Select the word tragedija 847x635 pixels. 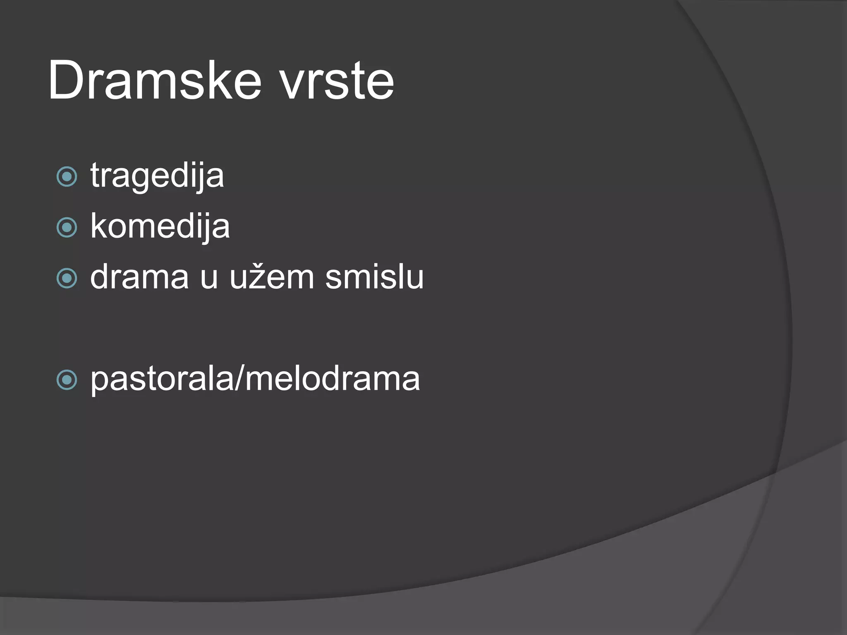click(x=157, y=176)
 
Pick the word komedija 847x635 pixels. click(x=160, y=227)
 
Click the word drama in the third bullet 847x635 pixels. click(x=139, y=277)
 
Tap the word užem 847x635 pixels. click(x=272, y=277)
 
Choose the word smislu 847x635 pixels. click(x=374, y=277)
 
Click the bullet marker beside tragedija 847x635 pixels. click(x=67, y=177)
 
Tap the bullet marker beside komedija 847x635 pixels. click(x=67, y=227)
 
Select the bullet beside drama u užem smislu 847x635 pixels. click(x=67, y=278)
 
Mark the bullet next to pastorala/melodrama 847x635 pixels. click(x=67, y=380)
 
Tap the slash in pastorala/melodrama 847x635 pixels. click(x=239, y=378)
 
